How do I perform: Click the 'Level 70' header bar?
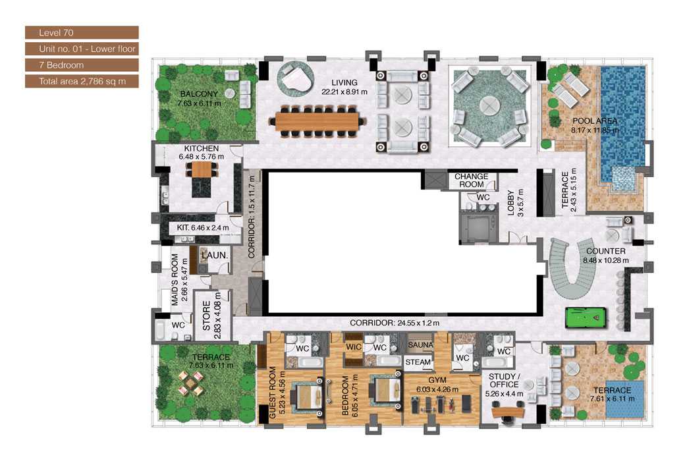[82, 32]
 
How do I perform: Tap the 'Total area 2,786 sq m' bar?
[82, 82]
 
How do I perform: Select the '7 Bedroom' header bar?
[82, 65]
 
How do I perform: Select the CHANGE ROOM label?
[472, 180]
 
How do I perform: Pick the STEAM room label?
[418, 362]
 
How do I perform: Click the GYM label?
[437, 381]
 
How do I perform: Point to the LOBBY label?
[511, 203]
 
